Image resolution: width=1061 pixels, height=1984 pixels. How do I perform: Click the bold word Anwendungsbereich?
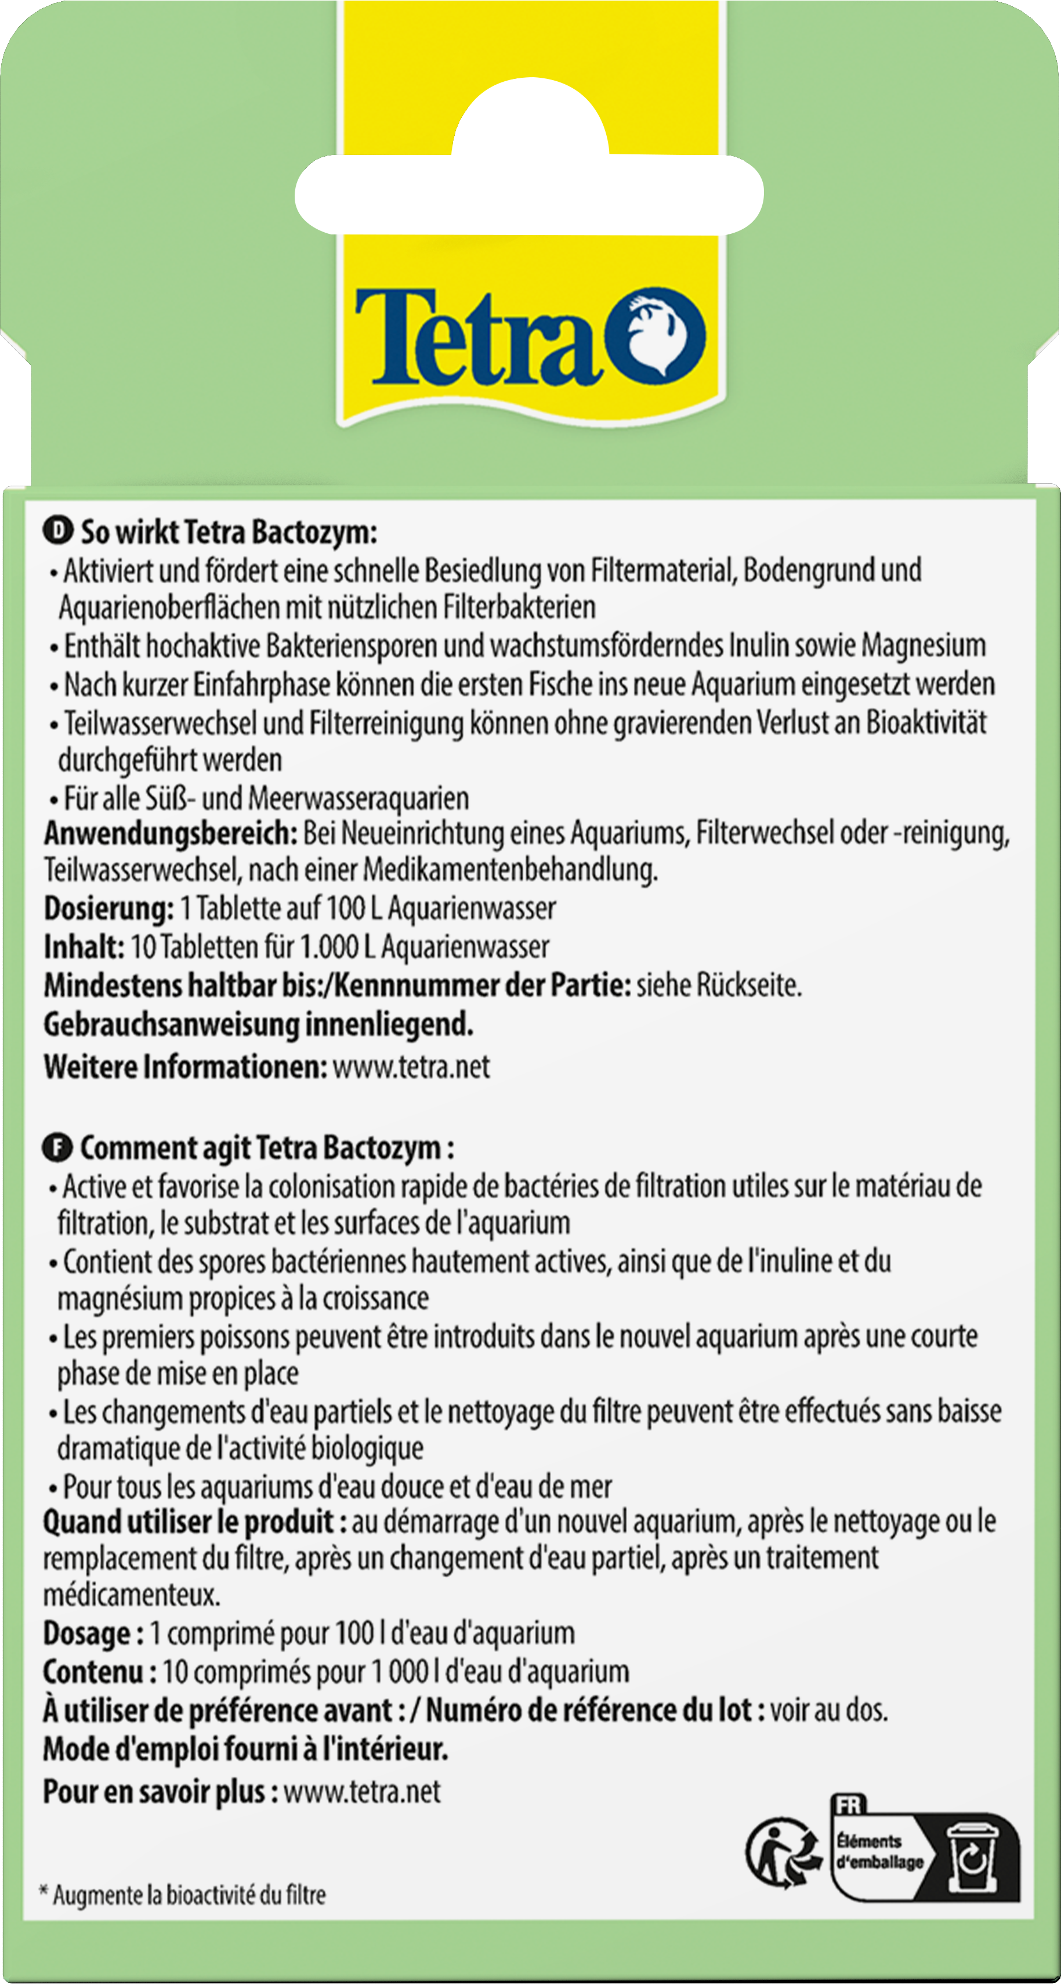[170, 833]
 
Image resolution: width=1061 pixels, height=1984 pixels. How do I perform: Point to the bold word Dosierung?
[108, 909]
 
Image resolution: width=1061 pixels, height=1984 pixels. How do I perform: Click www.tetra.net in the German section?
[411, 1067]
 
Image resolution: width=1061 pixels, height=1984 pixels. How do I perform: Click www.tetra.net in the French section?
[362, 1793]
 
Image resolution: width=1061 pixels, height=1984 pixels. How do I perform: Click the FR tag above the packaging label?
[849, 1805]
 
